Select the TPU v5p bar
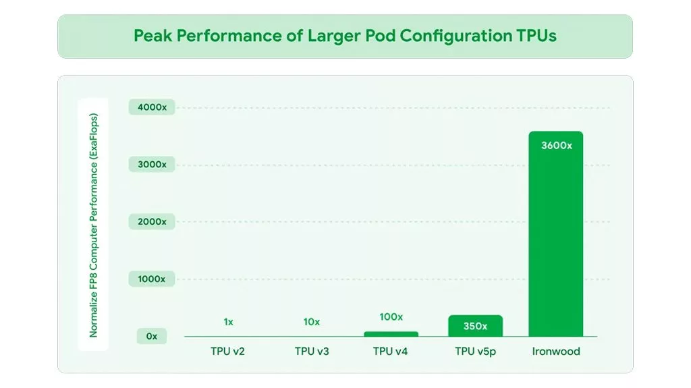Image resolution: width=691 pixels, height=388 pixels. tap(475, 326)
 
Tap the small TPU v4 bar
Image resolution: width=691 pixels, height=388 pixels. tap(391, 333)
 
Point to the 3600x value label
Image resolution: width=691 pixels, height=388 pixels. tap(557, 145)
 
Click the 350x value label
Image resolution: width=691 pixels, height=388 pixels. tap(475, 326)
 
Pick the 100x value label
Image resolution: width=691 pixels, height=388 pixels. tap(391, 317)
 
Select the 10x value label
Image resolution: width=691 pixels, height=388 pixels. tap(311, 322)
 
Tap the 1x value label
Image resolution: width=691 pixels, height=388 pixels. tap(229, 322)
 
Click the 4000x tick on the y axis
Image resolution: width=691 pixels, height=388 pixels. tap(151, 107)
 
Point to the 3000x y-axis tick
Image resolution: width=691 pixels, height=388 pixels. tap(151, 165)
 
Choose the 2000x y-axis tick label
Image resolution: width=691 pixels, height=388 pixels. tap(151, 221)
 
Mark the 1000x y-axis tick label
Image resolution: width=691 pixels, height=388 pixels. tap(151, 279)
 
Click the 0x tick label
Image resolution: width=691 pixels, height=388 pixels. tap(151, 336)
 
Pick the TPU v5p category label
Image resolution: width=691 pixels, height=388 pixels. tap(475, 352)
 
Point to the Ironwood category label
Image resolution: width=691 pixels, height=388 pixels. tap(555, 352)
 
